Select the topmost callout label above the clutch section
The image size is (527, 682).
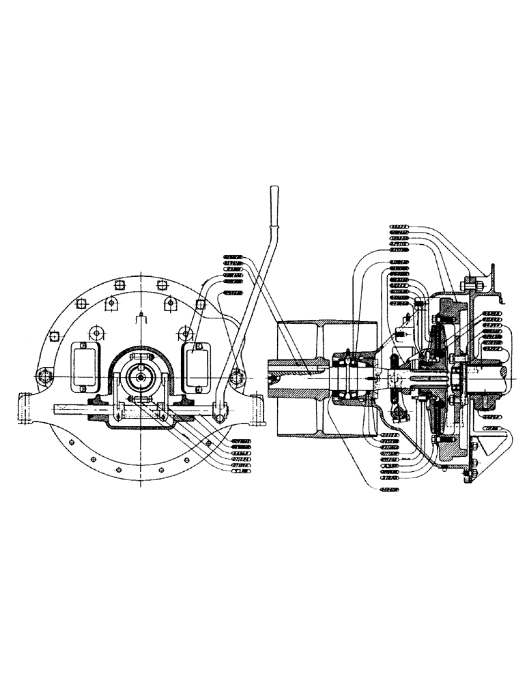(x=399, y=224)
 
